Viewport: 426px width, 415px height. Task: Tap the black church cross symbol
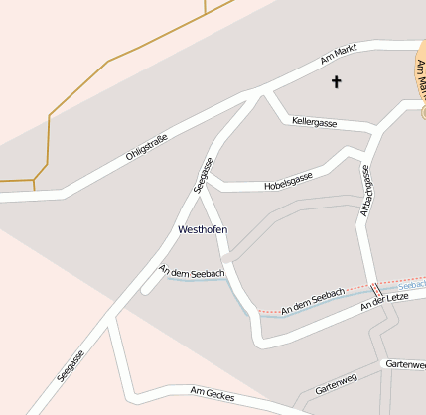click(335, 82)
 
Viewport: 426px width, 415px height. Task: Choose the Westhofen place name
click(202, 229)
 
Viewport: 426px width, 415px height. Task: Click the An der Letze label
click(384, 301)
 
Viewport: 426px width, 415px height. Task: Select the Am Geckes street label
click(212, 393)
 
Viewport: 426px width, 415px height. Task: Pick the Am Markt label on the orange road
click(421, 74)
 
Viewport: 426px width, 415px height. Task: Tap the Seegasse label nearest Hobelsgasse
click(203, 173)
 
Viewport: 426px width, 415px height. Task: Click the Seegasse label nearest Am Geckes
click(71, 364)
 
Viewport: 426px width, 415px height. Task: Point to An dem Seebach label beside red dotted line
click(313, 302)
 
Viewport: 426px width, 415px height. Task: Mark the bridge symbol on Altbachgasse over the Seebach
click(375, 289)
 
